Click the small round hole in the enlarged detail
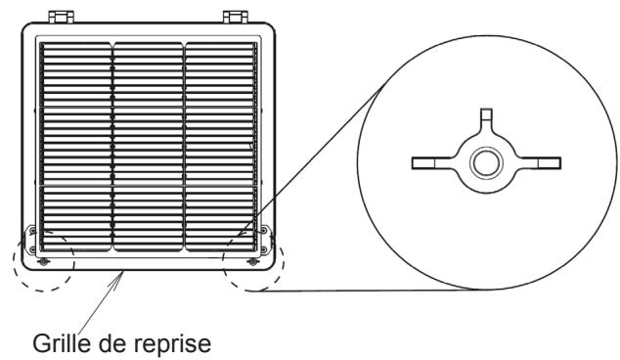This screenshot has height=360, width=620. [x=483, y=162]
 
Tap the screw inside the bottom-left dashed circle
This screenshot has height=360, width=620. [x=40, y=261]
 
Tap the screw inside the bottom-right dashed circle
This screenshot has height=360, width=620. [x=253, y=261]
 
